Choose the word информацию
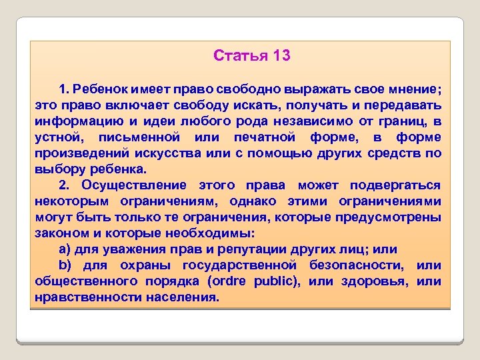click(74, 121)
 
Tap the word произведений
click(81, 153)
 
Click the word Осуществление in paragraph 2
click(131, 185)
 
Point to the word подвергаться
click(397, 185)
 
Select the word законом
click(61, 233)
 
